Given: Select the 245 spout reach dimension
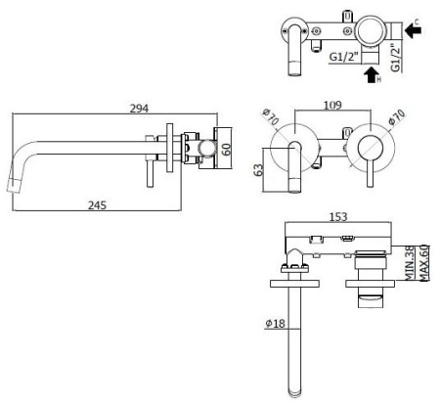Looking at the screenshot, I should [x=95, y=205].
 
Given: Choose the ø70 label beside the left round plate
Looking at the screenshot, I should [x=272, y=121].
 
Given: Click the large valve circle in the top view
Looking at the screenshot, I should [x=369, y=31].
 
